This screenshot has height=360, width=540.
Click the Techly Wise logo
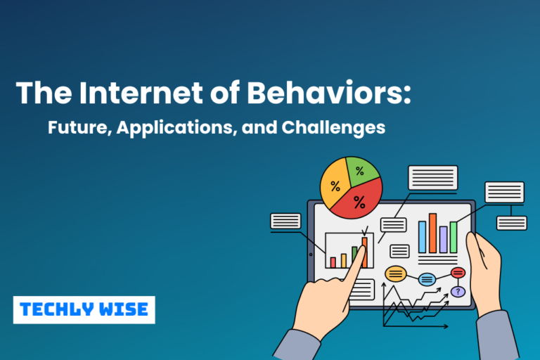(x=84, y=309)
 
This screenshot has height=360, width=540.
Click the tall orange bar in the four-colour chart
(x=432, y=233)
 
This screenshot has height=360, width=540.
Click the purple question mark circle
(x=458, y=291)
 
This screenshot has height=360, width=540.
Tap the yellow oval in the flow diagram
(x=396, y=274)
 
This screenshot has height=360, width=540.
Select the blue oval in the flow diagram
(x=427, y=279)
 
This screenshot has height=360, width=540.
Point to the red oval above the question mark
(x=458, y=273)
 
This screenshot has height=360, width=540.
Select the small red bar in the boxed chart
(x=333, y=262)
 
